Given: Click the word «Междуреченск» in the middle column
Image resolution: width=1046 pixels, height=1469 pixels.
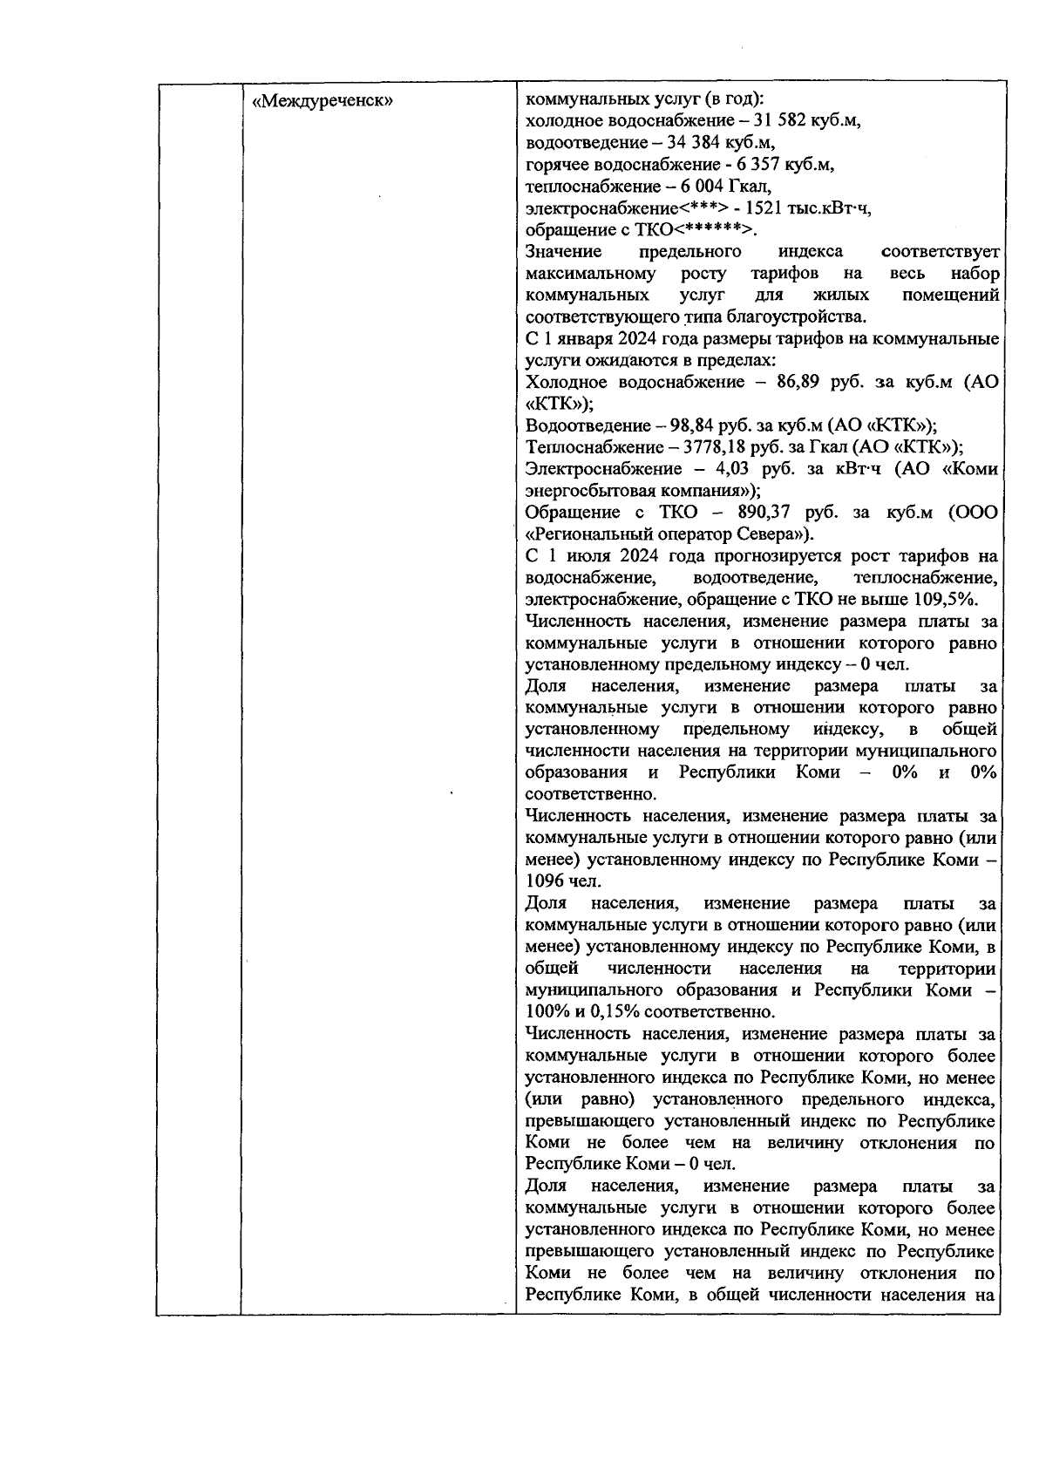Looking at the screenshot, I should point(323,100).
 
